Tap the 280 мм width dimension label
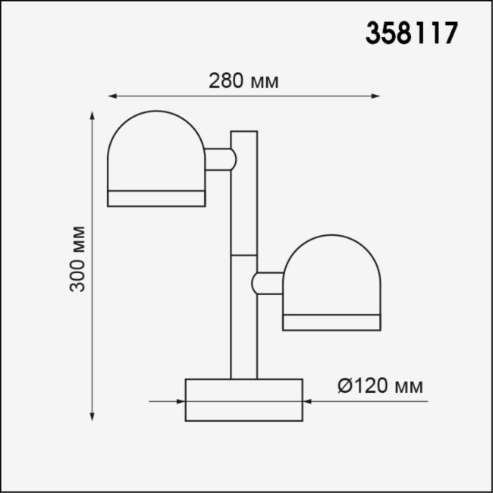[x=243, y=81]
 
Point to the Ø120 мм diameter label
[x=379, y=387]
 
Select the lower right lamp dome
[x=331, y=275]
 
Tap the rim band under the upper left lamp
[x=156, y=199]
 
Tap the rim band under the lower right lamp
[x=331, y=322]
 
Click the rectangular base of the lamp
[x=243, y=400]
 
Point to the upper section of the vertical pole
[x=243, y=193]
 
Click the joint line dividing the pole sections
[x=243, y=255]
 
